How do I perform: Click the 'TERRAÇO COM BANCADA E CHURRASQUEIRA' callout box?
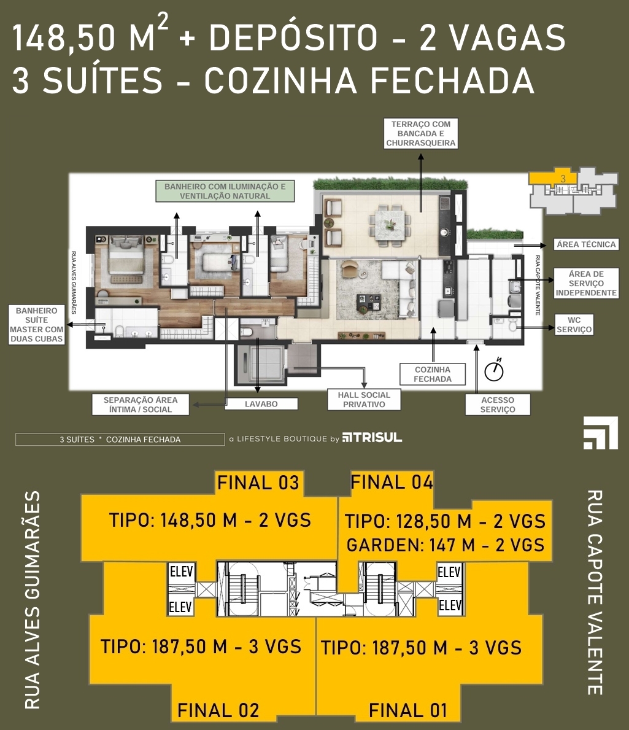pos(420,134)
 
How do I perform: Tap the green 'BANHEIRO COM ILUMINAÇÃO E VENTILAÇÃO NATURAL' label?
pos(225,192)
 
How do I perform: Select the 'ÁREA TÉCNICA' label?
pos(586,244)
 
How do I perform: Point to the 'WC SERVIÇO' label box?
pos(574,325)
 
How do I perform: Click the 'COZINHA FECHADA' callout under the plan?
pos(433,375)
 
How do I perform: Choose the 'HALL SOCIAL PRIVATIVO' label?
pos(364,400)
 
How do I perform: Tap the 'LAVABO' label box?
pos(261,404)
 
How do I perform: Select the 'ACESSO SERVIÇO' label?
pos(498,405)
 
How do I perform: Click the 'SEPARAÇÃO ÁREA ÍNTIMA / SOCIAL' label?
pos(141,405)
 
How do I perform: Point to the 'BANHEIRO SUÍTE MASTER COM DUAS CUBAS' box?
pos(36,325)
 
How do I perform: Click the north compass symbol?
pos(494,371)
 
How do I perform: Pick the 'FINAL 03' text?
pos(258,483)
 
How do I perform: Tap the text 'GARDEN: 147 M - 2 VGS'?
pos(446,545)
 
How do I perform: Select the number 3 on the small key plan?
pos(563,178)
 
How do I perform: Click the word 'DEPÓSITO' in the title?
pos(293,37)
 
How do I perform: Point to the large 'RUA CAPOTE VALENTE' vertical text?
pos(595,592)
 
